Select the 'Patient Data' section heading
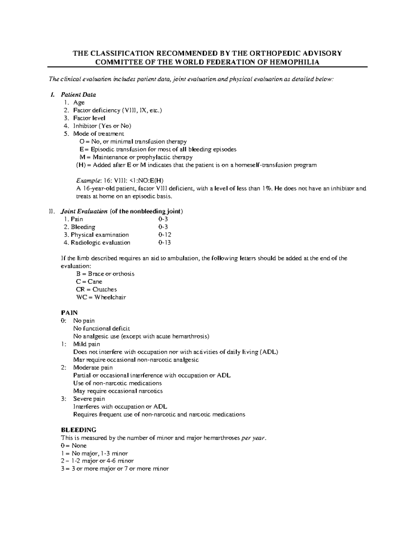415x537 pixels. (x=78, y=95)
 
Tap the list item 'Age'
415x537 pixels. (x=79, y=102)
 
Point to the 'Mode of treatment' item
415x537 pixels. (x=98, y=134)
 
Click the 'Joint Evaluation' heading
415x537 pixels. (x=84, y=212)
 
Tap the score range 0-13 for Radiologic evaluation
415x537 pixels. (x=165, y=243)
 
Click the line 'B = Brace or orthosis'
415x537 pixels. (x=105, y=274)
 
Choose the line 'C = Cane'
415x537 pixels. (x=89, y=282)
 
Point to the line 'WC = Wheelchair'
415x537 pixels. (x=101, y=297)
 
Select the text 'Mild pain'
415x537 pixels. (x=86, y=344)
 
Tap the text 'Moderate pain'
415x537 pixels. (x=93, y=368)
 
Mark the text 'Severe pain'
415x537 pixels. (x=89, y=399)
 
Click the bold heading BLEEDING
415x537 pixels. (x=79, y=430)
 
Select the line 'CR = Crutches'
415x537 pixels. (x=96, y=289)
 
